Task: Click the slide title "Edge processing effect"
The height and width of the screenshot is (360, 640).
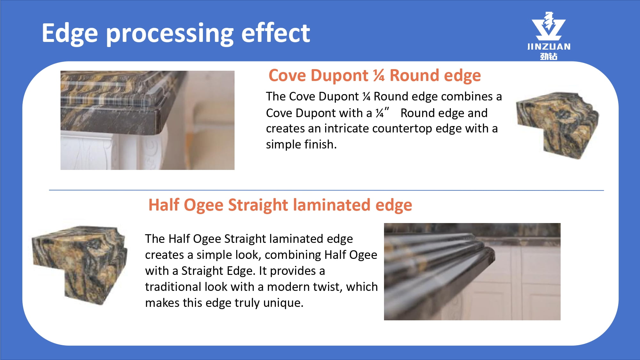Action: pos(176,34)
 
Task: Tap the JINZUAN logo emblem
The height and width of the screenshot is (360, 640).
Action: pos(548,26)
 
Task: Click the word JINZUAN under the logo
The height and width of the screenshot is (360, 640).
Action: pos(549,47)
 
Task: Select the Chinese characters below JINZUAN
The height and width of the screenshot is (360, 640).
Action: pos(549,56)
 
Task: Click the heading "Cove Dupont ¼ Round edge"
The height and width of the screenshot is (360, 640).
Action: pos(375,76)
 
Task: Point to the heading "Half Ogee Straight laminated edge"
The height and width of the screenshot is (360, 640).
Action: pos(280,205)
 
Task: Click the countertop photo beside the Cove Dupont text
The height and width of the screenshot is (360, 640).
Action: pos(148,120)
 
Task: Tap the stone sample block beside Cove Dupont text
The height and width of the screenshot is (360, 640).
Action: pos(557,125)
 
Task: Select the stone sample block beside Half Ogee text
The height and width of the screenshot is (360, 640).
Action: pos(80,265)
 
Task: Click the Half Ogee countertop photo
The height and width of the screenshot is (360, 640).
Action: pos(472,272)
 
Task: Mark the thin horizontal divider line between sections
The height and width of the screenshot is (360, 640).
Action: pos(326,190)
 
